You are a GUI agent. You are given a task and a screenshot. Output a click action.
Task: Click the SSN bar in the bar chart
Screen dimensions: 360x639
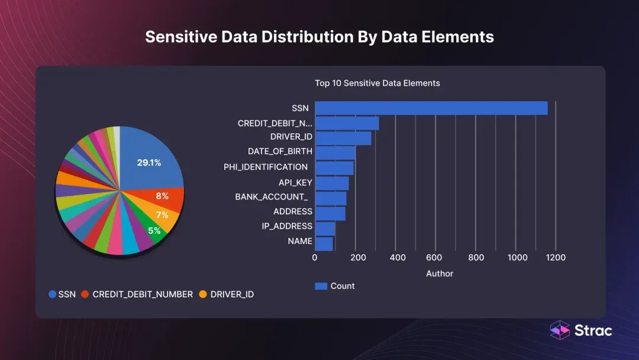click(431, 108)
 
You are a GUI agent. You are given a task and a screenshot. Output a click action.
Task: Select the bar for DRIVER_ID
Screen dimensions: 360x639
click(343, 138)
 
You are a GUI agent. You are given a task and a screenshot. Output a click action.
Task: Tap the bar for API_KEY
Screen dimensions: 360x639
click(332, 184)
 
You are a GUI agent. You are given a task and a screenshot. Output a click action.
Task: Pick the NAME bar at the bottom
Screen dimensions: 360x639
click(324, 244)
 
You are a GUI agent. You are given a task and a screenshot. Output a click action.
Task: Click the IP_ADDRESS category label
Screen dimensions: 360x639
click(287, 226)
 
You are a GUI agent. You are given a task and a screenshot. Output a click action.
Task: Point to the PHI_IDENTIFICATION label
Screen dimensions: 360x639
click(266, 167)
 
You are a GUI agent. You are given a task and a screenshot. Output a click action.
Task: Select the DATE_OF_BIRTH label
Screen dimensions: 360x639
click(280, 152)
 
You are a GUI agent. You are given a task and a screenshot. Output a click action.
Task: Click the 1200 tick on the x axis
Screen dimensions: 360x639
click(556, 258)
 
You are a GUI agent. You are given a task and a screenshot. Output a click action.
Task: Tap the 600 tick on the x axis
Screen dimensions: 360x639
click(434, 258)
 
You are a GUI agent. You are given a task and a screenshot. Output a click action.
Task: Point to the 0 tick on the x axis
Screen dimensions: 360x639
click(315, 258)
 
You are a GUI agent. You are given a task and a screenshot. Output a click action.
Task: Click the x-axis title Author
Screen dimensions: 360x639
click(440, 274)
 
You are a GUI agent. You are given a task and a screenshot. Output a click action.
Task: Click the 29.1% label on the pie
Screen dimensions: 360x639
click(149, 162)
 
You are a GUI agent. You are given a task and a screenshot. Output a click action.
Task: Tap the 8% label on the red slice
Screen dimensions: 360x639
click(162, 196)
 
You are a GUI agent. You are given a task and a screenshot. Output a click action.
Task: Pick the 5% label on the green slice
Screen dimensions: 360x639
click(154, 230)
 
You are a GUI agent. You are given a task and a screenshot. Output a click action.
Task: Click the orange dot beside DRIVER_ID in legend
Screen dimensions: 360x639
click(203, 294)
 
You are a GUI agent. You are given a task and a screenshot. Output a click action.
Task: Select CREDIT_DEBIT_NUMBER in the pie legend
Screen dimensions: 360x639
click(143, 294)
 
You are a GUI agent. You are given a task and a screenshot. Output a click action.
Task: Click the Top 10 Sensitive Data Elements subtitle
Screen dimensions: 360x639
click(377, 83)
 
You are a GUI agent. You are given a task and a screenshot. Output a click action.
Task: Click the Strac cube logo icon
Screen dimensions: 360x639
click(560, 330)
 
